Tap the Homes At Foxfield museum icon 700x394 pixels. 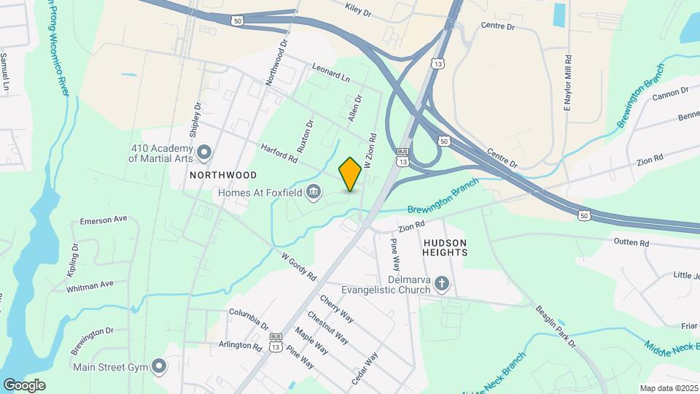tap(314, 193)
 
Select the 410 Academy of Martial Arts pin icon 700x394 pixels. tap(204, 152)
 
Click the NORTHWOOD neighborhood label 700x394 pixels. tap(223, 175)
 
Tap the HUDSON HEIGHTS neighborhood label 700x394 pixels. tap(445, 247)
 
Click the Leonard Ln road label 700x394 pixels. tap(331, 72)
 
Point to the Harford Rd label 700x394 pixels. tap(280, 153)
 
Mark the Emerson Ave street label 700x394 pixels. tap(104, 220)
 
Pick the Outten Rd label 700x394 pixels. tap(631, 242)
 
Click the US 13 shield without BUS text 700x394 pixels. tap(437, 65)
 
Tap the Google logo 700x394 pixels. tap(24, 385)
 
